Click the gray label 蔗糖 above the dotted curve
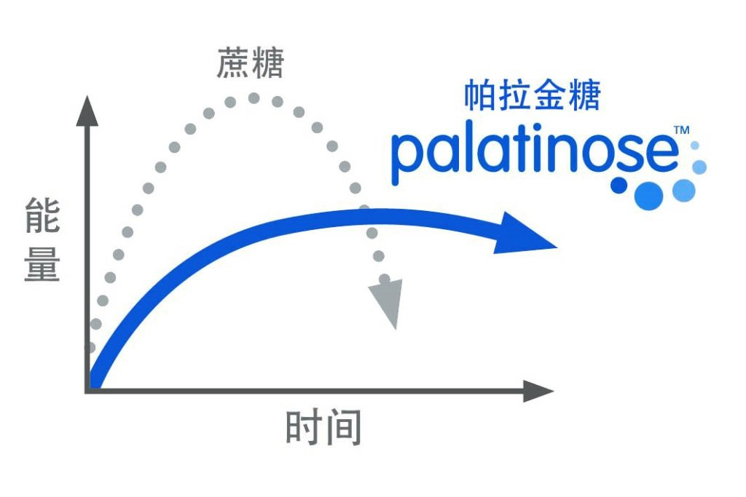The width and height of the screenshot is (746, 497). (x=249, y=64)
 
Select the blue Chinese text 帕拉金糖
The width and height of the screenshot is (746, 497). (x=532, y=95)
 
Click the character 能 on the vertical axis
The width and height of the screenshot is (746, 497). (x=42, y=218)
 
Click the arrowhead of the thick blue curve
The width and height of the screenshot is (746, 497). (x=525, y=234)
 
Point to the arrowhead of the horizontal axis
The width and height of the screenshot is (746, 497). (x=538, y=391)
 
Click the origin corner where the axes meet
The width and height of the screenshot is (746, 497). (x=88, y=391)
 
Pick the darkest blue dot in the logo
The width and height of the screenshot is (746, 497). (x=619, y=186)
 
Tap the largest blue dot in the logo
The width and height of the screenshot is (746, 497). (x=648, y=195)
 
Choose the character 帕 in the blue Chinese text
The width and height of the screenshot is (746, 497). (x=480, y=95)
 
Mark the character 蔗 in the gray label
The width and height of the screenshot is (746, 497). (x=232, y=64)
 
